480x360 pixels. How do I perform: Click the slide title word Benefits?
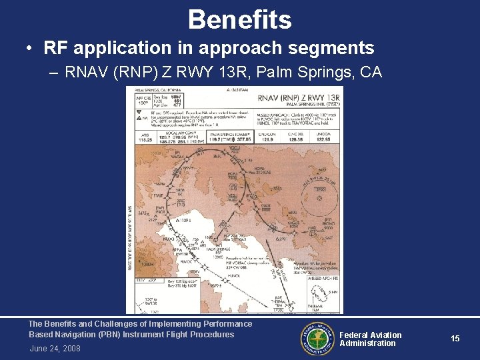tap(239, 19)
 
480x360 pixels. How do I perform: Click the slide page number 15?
tap(455, 339)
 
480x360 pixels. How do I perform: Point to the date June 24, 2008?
tap(55, 348)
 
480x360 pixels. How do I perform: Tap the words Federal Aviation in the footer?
tap(371, 335)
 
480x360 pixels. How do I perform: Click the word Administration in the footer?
tap(367, 343)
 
